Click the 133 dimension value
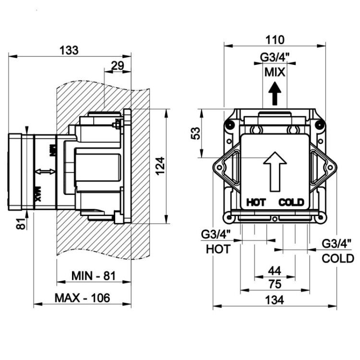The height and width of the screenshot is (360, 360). (x=69, y=50)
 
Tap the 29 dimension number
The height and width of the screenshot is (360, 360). (x=117, y=66)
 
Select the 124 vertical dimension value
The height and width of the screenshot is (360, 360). (x=160, y=166)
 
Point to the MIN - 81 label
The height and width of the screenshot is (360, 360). (x=94, y=276)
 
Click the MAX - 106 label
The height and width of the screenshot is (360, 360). (x=82, y=298)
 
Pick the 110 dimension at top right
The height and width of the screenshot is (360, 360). (x=275, y=40)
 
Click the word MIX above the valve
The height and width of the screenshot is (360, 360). (x=275, y=72)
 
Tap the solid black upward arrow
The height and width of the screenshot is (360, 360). (x=275, y=94)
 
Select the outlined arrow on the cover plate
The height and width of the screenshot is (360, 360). (x=275, y=171)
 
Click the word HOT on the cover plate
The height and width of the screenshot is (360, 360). (x=256, y=203)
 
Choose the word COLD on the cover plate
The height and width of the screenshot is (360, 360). (x=291, y=203)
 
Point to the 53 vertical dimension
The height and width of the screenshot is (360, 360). (x=196, y=133)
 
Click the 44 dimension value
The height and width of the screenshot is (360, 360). (x=275, y=271)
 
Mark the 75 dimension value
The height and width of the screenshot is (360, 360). (x=275, y=284)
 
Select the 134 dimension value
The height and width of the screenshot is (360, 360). (x=275, y=300)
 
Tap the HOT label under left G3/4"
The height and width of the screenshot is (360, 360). (x=218, y=249)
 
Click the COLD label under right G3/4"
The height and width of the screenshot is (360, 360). (x=338, y=259)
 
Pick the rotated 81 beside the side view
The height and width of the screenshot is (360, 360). (x=21, y=224)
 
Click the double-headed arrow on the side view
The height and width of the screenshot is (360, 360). (x=45, y=171)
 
